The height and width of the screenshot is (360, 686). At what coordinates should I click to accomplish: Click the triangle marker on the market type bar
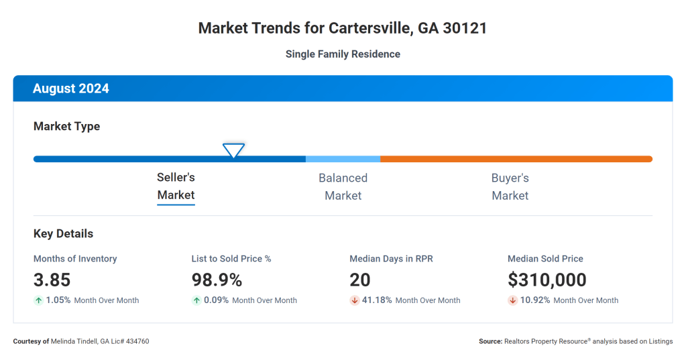[233, 151]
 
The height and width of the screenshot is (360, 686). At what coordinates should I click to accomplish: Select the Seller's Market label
[176, 186]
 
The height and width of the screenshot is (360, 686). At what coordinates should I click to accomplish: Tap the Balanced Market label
[343, 186]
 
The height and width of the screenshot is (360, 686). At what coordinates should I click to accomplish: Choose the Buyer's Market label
[510, 186]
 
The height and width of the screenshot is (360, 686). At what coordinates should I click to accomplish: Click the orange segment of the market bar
[516, 159]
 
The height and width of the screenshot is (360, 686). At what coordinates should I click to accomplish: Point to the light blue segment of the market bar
[343, 159]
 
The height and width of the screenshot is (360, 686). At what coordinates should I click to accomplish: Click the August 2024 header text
[71, 88]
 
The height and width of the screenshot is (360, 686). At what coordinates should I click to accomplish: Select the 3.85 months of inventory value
[52, 280]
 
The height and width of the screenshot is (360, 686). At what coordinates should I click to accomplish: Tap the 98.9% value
[217, 280]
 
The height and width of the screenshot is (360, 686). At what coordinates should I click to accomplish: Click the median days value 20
[360, 280]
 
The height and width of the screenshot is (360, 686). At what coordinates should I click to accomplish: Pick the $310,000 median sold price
[547, 280]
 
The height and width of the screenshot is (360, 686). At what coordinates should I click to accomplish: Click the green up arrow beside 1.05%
[38, 300]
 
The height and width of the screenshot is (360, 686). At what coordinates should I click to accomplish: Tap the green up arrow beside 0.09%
[196, 300]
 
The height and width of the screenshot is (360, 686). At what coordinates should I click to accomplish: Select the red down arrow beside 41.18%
[355, 300]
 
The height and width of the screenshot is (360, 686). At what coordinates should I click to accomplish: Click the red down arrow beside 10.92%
[513, 300]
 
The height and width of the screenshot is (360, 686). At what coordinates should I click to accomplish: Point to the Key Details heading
[63, 234]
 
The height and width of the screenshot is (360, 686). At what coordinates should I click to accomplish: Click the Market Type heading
[66, 126]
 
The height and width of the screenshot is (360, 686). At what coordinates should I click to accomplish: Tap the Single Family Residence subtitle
[343, 54]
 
